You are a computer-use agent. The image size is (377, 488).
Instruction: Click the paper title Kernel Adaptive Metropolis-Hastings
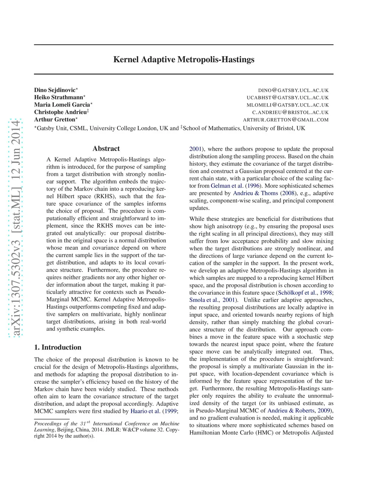(184, 60)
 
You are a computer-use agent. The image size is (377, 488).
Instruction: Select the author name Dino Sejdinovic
(55, 90)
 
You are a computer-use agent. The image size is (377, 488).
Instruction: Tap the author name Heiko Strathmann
(59, 98)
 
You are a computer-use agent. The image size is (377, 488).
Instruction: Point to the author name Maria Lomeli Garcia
(62, 105)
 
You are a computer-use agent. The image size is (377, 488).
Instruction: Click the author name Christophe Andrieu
(60, 112)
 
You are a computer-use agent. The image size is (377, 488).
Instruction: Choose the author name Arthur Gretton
(54, 120)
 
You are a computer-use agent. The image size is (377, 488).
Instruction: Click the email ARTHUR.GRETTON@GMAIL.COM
(286, 120)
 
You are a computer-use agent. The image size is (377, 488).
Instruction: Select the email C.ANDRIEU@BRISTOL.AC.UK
(290, 113)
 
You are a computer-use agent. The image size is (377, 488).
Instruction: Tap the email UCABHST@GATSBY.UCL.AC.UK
(288, 98)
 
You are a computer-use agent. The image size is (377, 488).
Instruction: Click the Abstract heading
(106, 149)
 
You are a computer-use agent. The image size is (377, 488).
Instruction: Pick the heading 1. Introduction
(58, 347)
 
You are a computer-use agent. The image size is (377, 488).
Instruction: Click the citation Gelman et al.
(227, 186)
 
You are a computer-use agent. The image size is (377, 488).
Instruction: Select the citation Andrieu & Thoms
(256, 193)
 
